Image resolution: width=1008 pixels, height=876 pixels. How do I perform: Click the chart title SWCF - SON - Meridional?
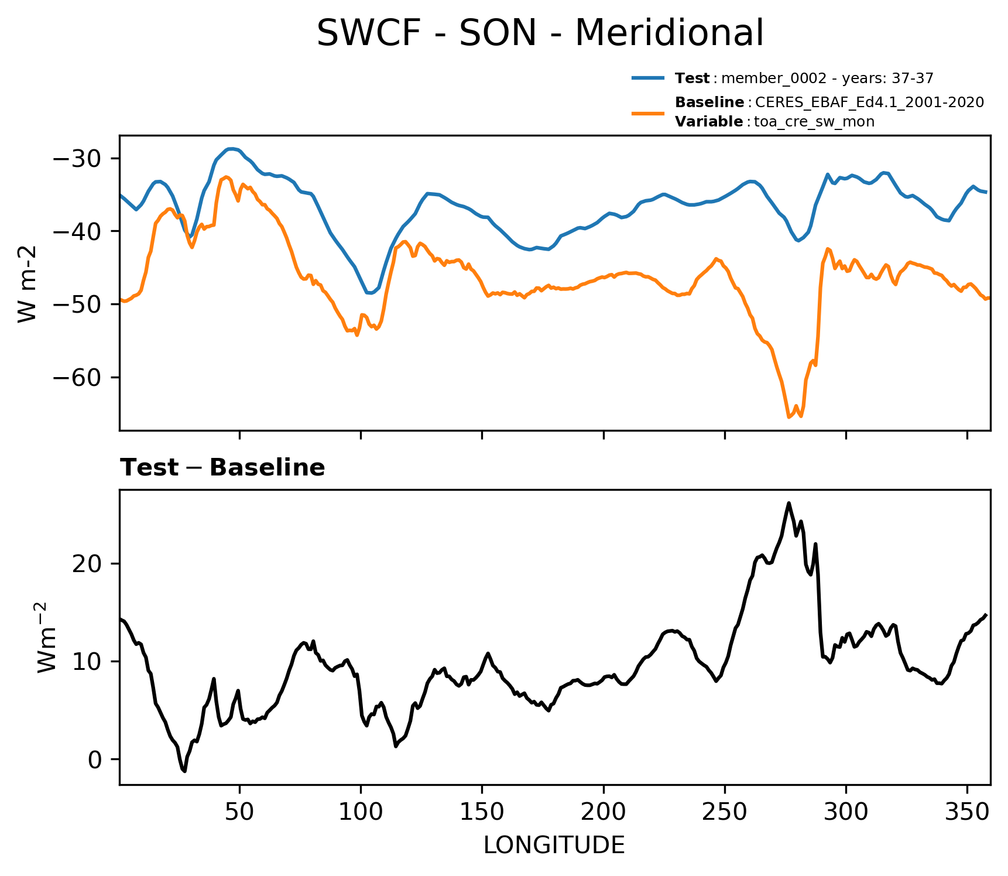(x=540, y=33)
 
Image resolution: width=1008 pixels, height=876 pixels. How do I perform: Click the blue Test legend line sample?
(x=648, y=78)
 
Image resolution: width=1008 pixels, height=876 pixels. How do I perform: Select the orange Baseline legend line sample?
(x=648, y=112)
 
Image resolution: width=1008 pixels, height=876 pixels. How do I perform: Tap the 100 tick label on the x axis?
(x=361, y=812)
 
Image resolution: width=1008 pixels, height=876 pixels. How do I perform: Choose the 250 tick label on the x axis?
(x=725, y=812)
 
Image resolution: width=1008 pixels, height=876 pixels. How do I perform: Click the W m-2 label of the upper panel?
(x=28, y=283)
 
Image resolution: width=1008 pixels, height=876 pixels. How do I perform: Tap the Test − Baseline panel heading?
(x=222, y=468)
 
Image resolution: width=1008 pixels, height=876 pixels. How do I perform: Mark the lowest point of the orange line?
(x=788, y=418)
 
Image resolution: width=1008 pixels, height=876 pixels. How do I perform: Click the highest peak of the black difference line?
(x=788, y=502)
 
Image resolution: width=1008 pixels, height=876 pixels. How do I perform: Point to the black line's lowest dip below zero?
(x=184, y=771)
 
